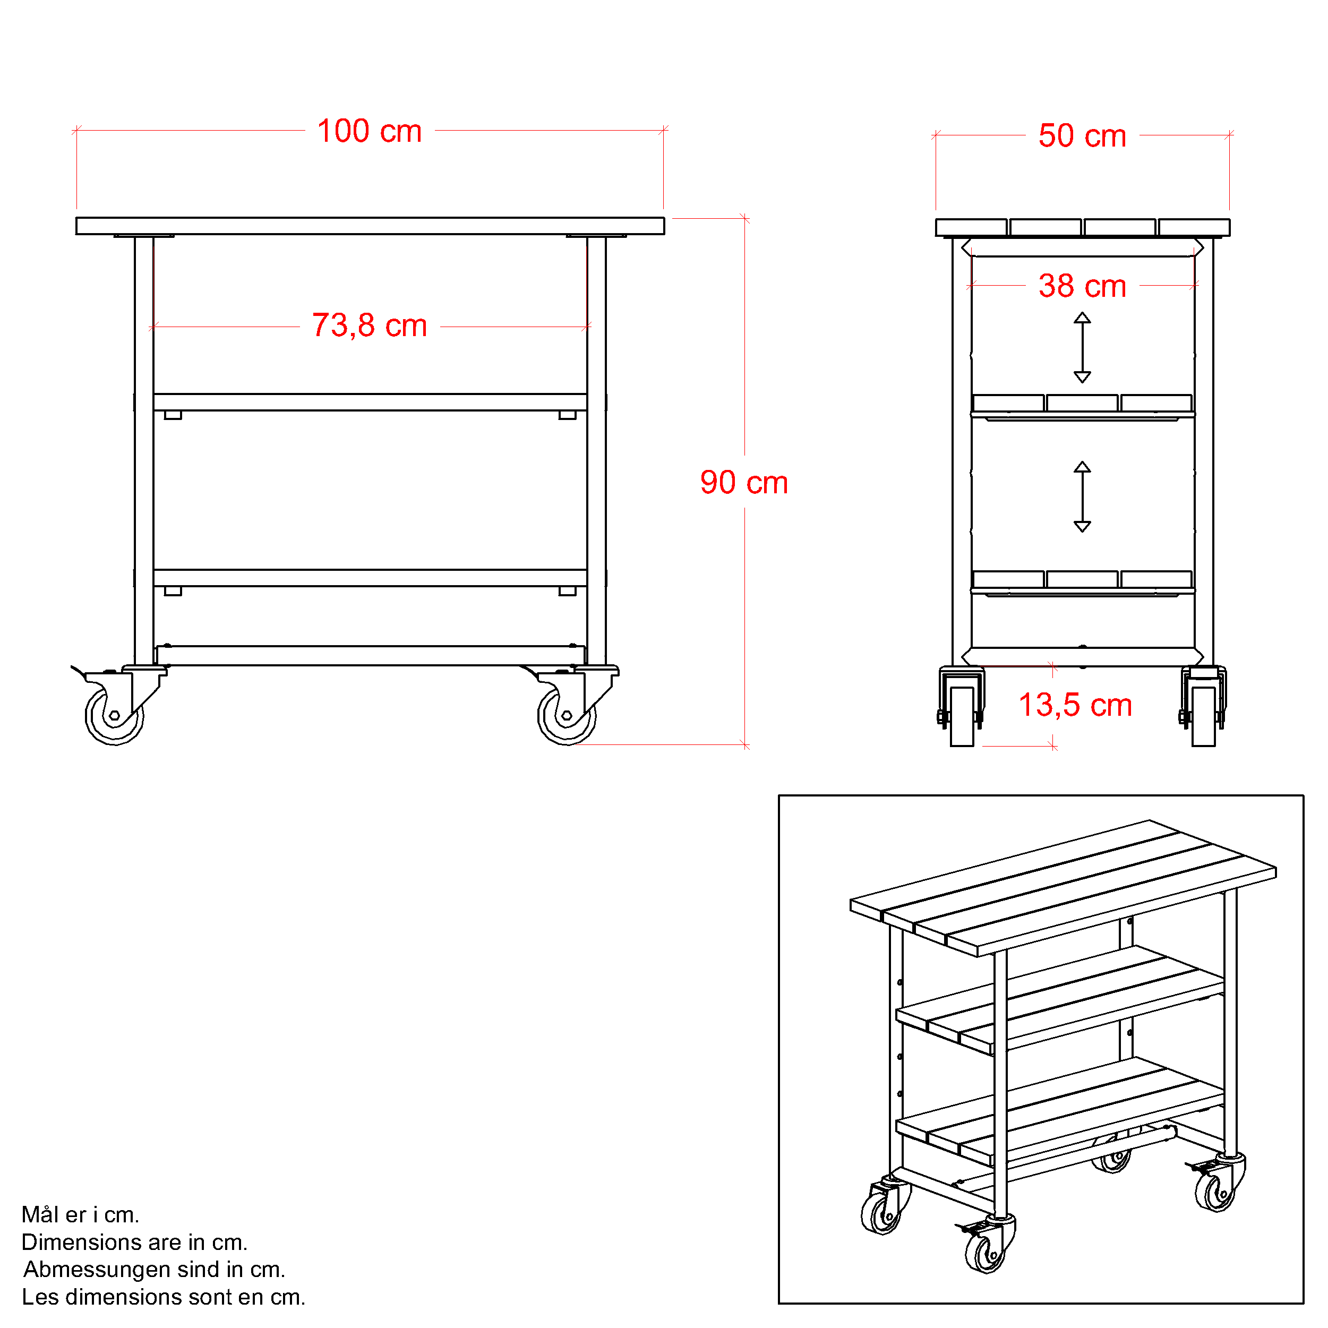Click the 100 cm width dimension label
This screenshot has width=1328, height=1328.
tap(369, 131)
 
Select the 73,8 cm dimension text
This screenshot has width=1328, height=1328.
tap(369, 326)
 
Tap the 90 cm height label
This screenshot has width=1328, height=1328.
tap(744, 483)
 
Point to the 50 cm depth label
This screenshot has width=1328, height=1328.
tap(1082, 135)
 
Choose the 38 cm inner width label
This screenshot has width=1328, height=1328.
tap(1082, 286)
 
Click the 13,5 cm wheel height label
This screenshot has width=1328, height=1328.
tap(1075, 705)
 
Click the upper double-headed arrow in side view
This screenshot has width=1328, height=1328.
tap(1083, 348)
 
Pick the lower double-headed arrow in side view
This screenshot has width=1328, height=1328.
tap(1083, 497)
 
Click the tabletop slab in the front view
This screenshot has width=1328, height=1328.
tap(370, 226)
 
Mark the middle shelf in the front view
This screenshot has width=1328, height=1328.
tap(370, 402)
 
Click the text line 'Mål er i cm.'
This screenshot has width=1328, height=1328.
tap(80, 1214)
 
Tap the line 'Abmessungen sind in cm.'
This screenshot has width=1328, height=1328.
tap(154, 1270)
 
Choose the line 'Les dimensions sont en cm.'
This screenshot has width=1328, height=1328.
tap(164, 1297)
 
